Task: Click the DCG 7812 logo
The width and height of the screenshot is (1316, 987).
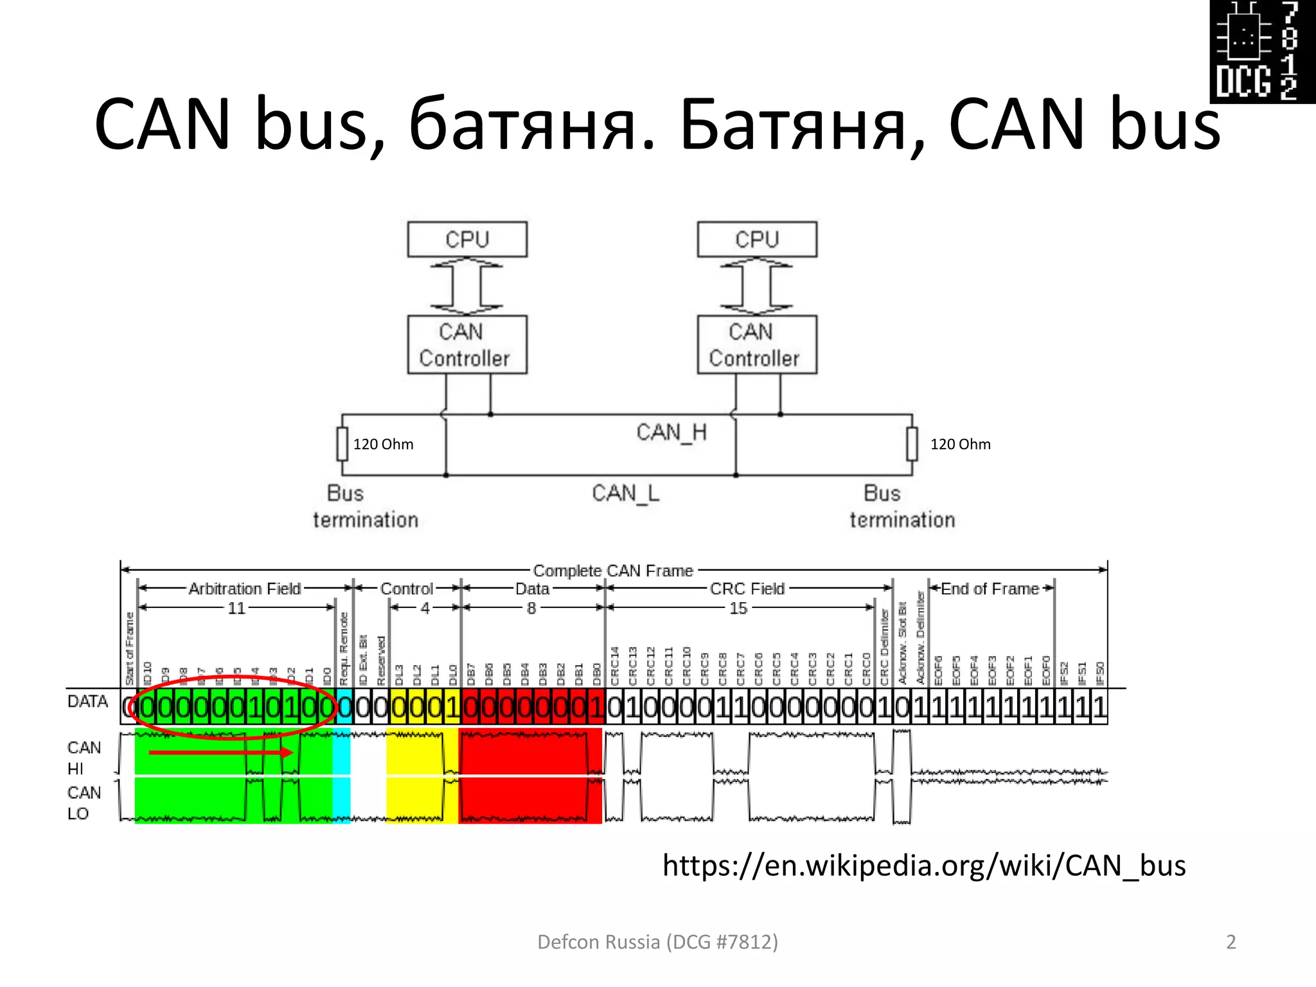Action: (x=1262, y=51)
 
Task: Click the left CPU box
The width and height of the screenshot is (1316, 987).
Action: (x=467, y=240)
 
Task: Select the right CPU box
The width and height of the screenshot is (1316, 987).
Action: (x=757, y=240)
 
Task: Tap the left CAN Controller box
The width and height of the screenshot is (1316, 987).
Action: (x=467, y=344)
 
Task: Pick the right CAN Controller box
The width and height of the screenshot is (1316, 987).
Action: (x=757, y=344)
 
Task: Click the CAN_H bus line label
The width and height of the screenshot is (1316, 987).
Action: (x=671, y=432)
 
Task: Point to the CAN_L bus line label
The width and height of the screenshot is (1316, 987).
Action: (x=625, y=493)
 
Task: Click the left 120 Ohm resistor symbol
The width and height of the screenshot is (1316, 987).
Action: (x=342, y=444)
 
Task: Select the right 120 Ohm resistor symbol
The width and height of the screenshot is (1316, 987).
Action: (x=912, y=444)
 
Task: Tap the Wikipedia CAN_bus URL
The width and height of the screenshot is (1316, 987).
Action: (x=923, y=866)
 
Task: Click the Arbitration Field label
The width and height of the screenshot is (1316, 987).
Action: (x=244, y=589)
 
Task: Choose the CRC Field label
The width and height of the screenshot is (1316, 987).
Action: (x=747, y=589)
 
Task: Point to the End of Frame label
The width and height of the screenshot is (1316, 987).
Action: (x=990, y=589)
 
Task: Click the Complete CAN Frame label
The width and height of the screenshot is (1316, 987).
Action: (x=613, y=571)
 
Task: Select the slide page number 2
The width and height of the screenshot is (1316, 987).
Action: (x=1231, y=942)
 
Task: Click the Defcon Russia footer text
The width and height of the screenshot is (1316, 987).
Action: (x=657, y=942)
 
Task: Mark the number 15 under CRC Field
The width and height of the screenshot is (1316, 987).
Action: (x=738, y=608)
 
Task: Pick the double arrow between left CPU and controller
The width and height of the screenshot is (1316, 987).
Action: (x=467, y=286)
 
